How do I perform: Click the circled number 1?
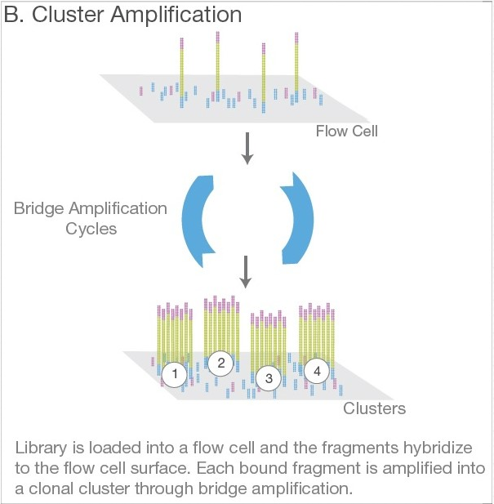click(174, 374)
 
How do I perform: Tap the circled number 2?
click(220, 363)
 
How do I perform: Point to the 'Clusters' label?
click(374, 408)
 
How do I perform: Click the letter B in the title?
click(15, 16)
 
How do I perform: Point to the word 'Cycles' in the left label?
click(90, 229)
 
